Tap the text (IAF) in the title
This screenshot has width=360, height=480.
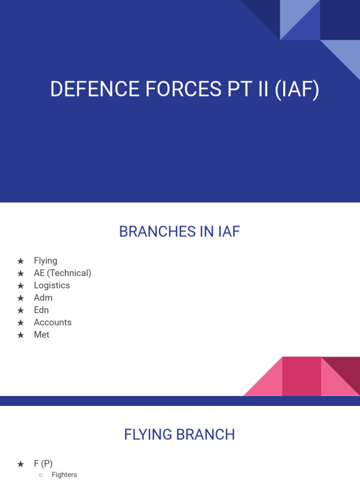tap(297, 90)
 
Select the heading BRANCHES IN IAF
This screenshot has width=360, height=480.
tap(180, 232)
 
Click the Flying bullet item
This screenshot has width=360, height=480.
tap(45, 261)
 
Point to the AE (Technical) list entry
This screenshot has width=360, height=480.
tap(62, 273)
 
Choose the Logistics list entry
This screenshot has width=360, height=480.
tap(52, 285)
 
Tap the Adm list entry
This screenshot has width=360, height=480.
tap(43, 298)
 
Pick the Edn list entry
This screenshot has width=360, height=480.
tap(41, 310)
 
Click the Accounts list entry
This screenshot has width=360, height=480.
tap(52, 322)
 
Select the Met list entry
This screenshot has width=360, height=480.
tap(41, 335)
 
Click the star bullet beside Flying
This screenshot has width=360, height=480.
tap(21, 261)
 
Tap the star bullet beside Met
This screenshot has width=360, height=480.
tap(21, 335)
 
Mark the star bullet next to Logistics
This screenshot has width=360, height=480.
tap(21, 286)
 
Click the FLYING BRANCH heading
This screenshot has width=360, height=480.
tap(180, 435)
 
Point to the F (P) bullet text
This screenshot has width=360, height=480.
tap(43, 464)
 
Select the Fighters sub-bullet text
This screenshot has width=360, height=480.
tap(64, 475)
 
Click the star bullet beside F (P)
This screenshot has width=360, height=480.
tap(21, 464)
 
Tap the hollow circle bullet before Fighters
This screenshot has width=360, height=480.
tap(41, 475)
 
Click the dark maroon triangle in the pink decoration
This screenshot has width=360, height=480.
tap(347, 368)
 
